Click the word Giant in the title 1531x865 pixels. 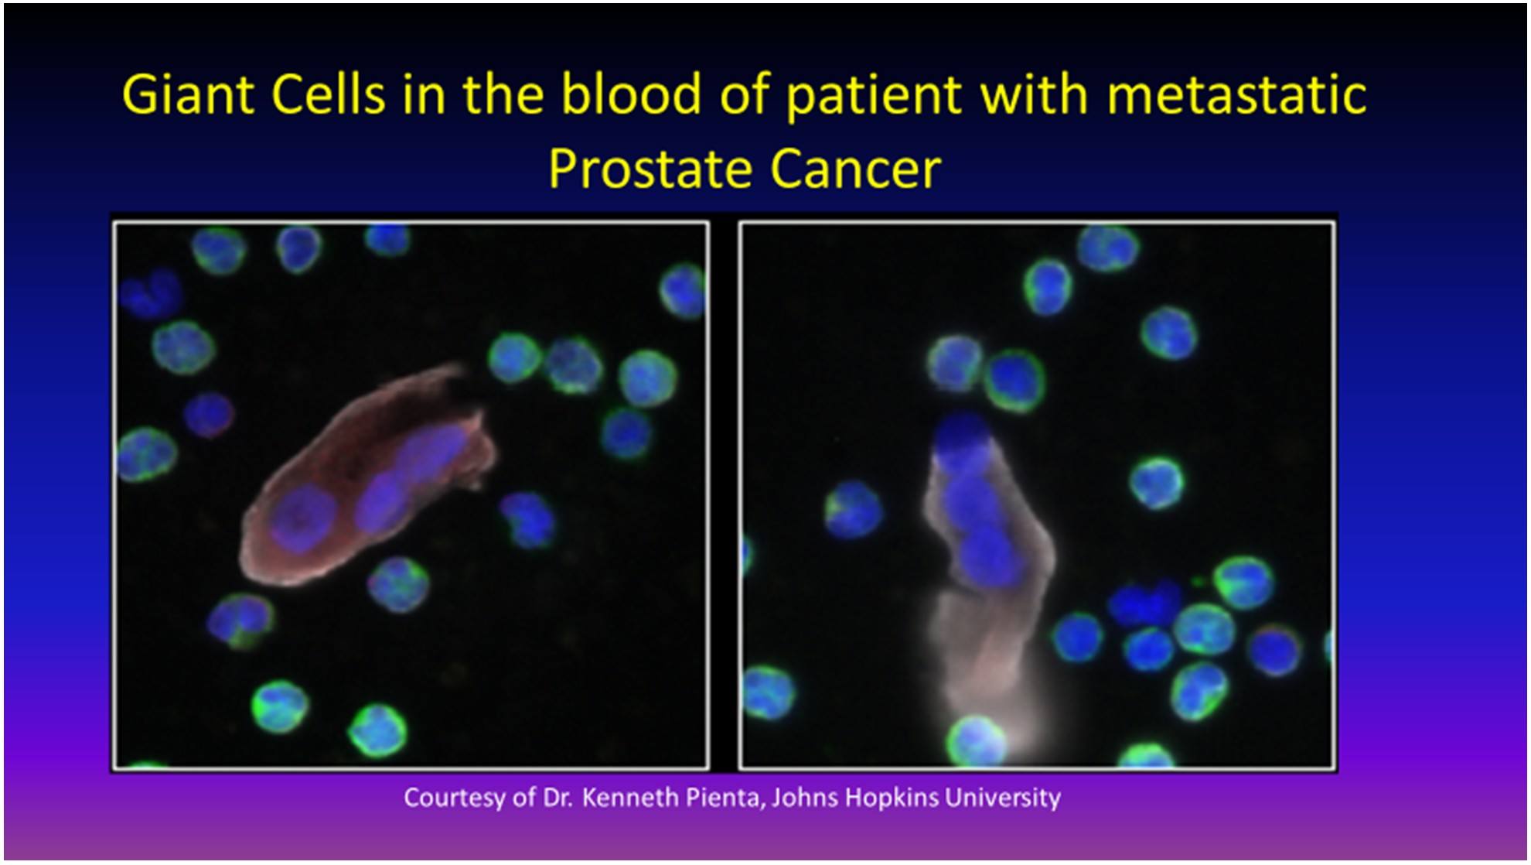coord(189,95)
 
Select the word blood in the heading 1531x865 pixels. coord(631,94)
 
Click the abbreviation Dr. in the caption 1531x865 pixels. coord(558,798)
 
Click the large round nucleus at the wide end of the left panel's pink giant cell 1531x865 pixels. coord(303,518)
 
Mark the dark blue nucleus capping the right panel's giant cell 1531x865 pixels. coord(961,443)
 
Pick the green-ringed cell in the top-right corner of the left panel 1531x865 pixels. coord(684,290)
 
